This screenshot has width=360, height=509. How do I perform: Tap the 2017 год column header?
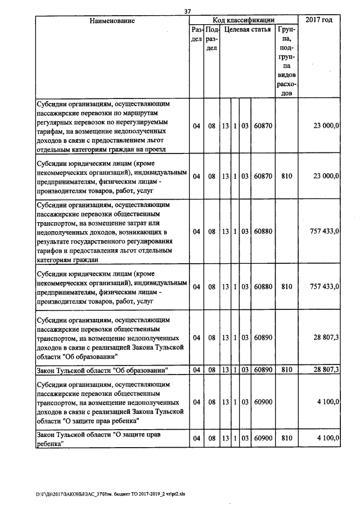point(319,20)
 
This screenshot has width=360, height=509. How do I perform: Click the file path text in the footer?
point(111,494)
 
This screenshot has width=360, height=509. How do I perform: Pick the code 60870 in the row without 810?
point(263,126)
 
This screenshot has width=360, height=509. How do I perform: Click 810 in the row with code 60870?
point(286,177)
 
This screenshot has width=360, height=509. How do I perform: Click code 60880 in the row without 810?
point(263,231)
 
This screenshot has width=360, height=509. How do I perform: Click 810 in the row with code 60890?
point(286,370)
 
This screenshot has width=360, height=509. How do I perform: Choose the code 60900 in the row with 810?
point(263,438)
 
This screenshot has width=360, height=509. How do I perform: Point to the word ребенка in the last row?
point(48,443)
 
